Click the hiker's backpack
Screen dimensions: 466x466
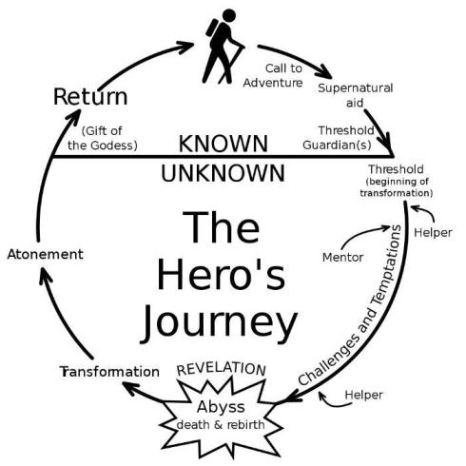212,28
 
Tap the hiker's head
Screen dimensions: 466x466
229,15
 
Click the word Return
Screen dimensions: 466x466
90,97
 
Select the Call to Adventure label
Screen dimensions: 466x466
273,75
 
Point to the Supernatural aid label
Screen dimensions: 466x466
356,95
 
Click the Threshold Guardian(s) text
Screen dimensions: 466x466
339,138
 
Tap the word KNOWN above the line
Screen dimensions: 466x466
223,144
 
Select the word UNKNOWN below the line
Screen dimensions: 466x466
223,173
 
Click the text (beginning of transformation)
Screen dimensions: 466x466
397,187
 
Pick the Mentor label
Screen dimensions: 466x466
342,258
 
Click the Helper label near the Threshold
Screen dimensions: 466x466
433,233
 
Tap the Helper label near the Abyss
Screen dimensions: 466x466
363,395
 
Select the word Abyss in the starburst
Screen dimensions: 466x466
221,408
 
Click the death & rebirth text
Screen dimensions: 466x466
221,424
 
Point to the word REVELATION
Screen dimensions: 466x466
221,369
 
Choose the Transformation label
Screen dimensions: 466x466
109,372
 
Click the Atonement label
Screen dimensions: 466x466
46,254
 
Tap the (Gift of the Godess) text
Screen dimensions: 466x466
103,138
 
